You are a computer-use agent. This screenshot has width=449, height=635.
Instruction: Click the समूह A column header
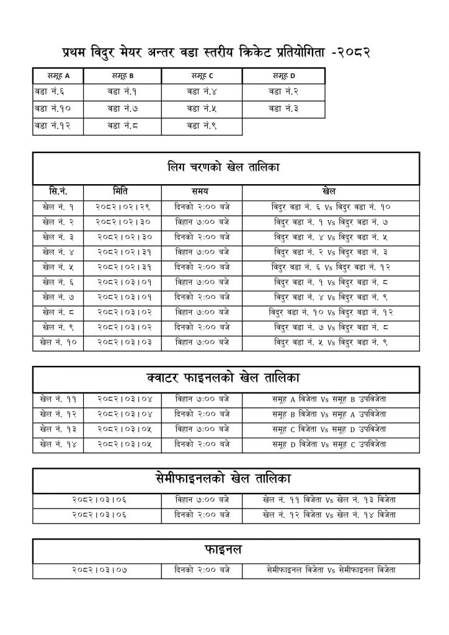coord(58,76)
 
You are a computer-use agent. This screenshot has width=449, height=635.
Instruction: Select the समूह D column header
coord(283,76)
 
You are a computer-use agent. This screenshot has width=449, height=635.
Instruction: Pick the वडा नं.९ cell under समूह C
coord(202,127)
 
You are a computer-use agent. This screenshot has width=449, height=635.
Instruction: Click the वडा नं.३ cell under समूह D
coord(283,109)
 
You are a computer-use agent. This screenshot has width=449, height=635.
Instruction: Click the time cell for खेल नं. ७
coord(202,296)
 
